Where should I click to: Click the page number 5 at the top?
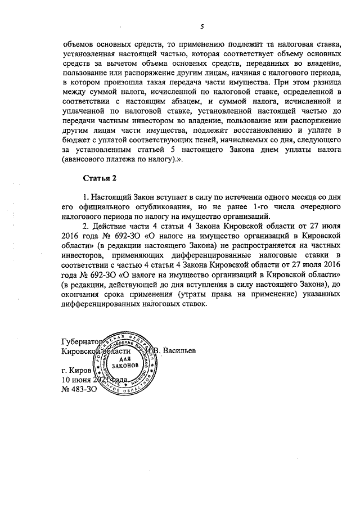pos(201,26)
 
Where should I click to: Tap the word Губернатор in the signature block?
pos(81,342)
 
